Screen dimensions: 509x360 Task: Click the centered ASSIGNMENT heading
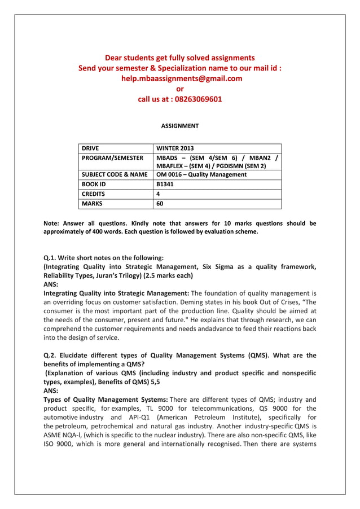point(179,126)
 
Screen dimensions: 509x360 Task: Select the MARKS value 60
point(160,204)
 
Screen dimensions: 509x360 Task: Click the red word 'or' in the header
point(180,89)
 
